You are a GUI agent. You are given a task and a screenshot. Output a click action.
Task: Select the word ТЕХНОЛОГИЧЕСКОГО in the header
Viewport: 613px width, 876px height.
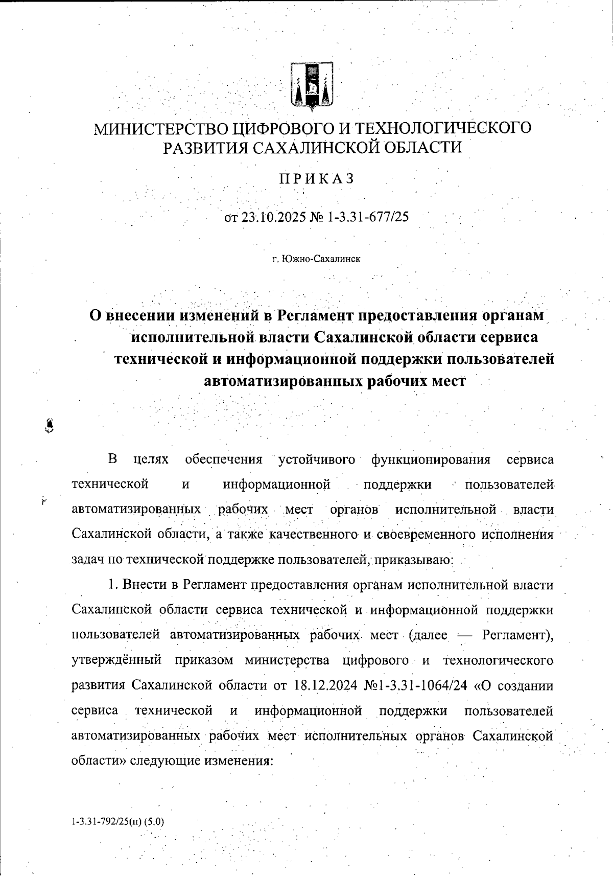[x=443, y=128]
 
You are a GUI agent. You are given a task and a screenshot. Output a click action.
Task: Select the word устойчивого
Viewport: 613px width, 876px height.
[x=317, y=459]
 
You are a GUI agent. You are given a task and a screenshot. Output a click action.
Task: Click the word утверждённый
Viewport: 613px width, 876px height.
[x=116, y=660]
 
